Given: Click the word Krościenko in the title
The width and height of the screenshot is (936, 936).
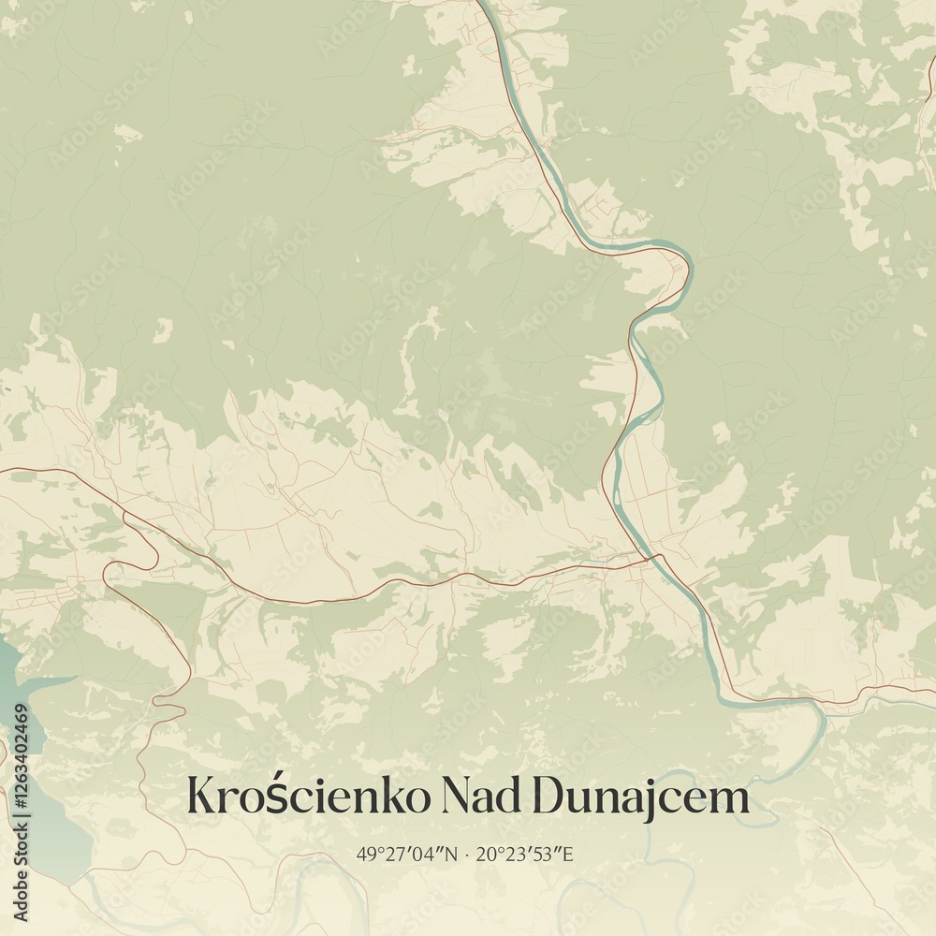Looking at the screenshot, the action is [309, 797].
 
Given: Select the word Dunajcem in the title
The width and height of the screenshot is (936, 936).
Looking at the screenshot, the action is [641, 797].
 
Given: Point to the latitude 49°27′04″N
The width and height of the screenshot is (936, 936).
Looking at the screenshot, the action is [408, 854].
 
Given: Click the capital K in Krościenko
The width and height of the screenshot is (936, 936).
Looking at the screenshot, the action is [201, 797].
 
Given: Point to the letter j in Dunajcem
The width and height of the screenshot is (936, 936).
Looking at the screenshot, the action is [650, 799].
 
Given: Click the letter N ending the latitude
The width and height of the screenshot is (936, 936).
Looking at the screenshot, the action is [453, 854].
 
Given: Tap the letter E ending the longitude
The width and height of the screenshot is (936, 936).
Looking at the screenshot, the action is [567, 854].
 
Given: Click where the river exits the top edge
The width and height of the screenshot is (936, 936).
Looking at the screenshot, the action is [483, 4].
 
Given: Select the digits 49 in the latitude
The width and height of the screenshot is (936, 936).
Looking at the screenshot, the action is [363, 854].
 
